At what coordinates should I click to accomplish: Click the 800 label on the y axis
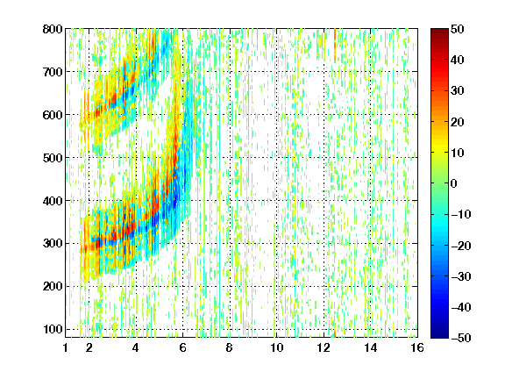point(53,29)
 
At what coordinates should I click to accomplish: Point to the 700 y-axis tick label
point(53,72)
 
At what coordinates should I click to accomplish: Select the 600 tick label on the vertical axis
point(53,115)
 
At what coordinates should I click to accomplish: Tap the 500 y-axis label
point(53,158)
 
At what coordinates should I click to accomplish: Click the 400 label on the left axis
point(53,201)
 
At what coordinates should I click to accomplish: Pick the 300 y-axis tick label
point(53,244)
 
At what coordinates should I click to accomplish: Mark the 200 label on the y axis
point(53,287)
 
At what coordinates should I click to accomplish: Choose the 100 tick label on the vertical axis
point(53,329)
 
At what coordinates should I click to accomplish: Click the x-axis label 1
point(66,347)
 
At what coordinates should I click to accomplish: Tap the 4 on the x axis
point(136,347)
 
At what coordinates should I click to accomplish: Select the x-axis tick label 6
point(182,347)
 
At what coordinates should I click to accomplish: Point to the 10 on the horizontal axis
point(276,347)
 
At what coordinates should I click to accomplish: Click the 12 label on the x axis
point(324,347)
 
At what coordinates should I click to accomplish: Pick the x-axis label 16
point(417,347)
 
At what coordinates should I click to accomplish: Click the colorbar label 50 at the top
point(458,29)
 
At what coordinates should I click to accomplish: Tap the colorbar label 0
point(454,183)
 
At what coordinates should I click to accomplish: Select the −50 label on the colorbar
point(461,338)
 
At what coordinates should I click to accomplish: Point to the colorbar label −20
point(461,246)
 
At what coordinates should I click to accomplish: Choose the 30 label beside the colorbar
point(458,91)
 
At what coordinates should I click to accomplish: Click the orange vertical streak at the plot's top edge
point(335,45)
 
